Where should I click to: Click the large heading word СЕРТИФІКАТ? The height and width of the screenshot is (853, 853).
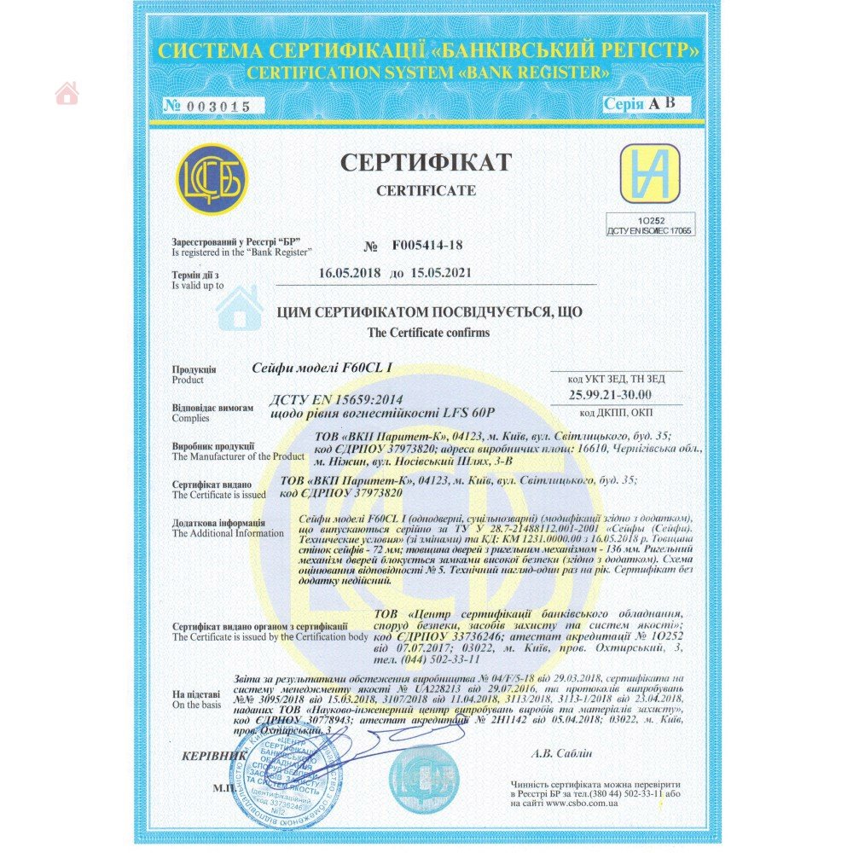(426, 161)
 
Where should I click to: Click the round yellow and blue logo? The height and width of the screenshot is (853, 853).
(212, 179)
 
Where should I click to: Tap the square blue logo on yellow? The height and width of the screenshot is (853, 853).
(650, 174)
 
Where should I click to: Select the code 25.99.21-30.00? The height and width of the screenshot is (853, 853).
(610, 394)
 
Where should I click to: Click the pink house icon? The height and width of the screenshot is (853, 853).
(67, 93)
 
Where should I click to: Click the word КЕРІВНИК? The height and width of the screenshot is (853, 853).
(214, 756)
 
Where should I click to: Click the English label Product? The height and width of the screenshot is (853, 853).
(188, 380)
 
